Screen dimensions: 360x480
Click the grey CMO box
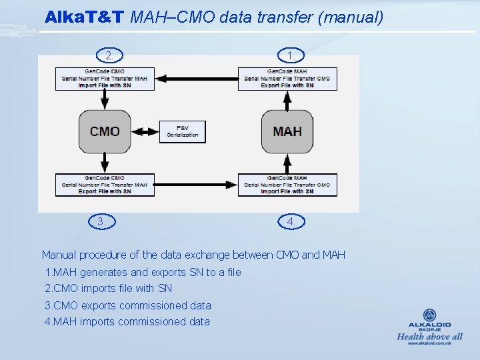[105, 131]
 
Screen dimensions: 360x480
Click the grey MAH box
[287, 131]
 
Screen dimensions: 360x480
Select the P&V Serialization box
[183, 131]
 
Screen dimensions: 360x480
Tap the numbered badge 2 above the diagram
[111, 55]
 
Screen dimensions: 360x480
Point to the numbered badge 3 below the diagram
[101, 221]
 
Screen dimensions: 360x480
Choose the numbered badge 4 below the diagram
[291, 221]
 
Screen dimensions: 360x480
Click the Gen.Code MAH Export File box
[287, 79]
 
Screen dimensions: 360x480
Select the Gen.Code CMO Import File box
[105, 79]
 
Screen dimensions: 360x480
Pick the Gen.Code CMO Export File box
[105, 185]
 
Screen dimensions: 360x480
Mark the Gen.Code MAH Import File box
[287, 185]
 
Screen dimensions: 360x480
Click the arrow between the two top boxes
[196, 79]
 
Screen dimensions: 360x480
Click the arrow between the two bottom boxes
[196, 185]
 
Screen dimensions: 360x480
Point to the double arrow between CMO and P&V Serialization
[145, 131]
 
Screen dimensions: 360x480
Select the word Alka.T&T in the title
[85, 17]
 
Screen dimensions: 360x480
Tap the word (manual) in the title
[351, 17]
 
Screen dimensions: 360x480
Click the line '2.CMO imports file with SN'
[109, 289]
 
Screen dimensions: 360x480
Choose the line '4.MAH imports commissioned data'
[127, 322]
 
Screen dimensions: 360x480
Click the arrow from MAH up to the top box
[287, 100]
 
